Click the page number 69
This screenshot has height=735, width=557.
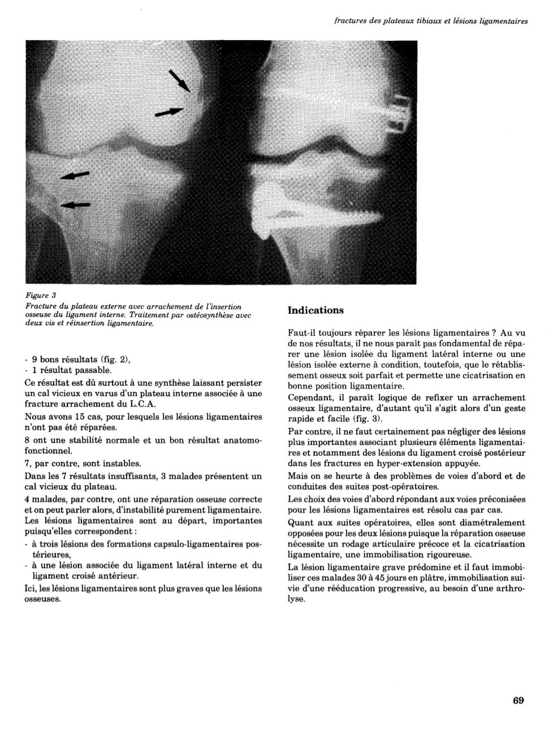click(x=518, y=700)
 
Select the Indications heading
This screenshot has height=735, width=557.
click(x=316, y=310)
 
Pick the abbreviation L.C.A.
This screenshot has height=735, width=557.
click(x=140, y=404)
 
